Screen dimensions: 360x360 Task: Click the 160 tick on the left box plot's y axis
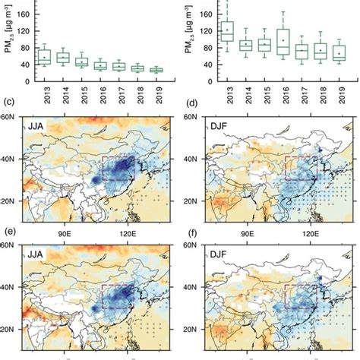pos(21,14)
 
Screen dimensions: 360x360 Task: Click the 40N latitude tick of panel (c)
pos(12,159)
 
